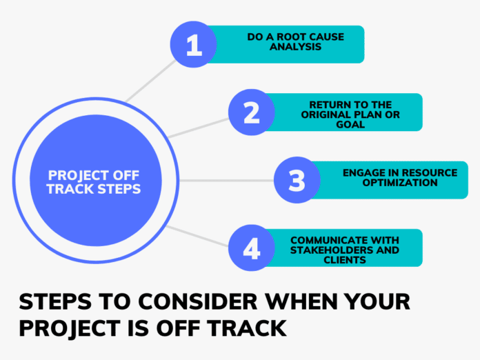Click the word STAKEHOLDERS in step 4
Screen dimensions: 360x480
(324, 250)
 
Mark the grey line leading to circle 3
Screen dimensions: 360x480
(228, 181)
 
